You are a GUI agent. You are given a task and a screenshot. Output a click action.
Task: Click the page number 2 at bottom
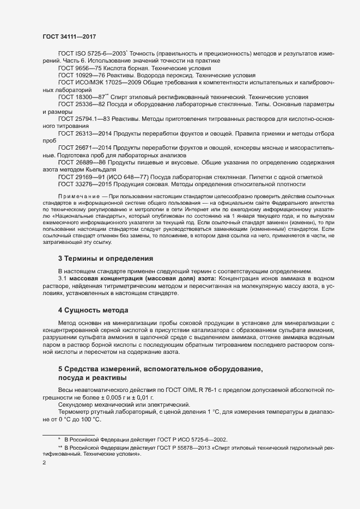pos(44,464)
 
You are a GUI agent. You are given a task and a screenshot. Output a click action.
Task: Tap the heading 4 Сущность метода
pos(93,310)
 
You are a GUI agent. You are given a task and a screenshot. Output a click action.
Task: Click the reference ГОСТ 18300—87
pos(77,96)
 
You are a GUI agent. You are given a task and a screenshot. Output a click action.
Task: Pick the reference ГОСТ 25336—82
pos(78,103)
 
